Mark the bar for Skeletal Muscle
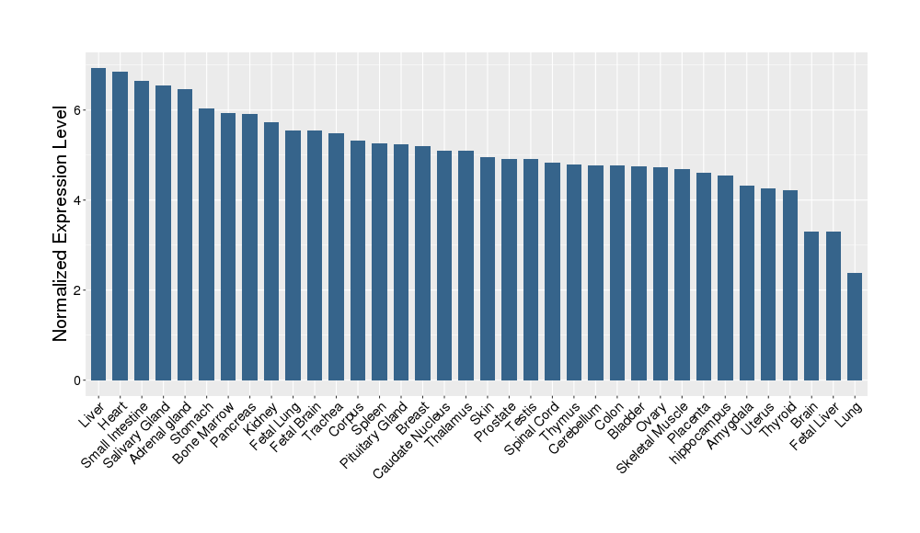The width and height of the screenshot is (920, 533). (682, 275)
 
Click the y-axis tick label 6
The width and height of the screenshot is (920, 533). (79, 110)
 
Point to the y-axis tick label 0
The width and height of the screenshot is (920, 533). (79, 380)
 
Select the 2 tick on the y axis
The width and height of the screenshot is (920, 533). (79, 290)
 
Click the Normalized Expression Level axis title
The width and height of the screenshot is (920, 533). (61, 222)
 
